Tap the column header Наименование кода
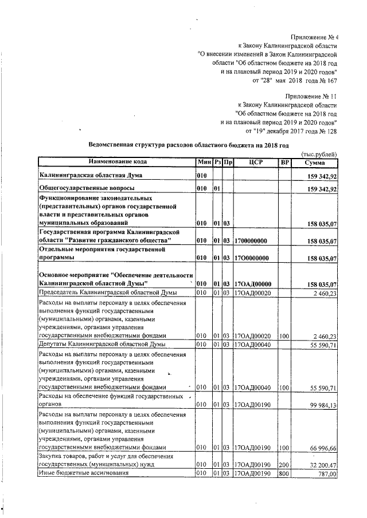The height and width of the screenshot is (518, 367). pos(116,163)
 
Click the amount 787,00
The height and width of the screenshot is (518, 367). pos(327,474)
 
